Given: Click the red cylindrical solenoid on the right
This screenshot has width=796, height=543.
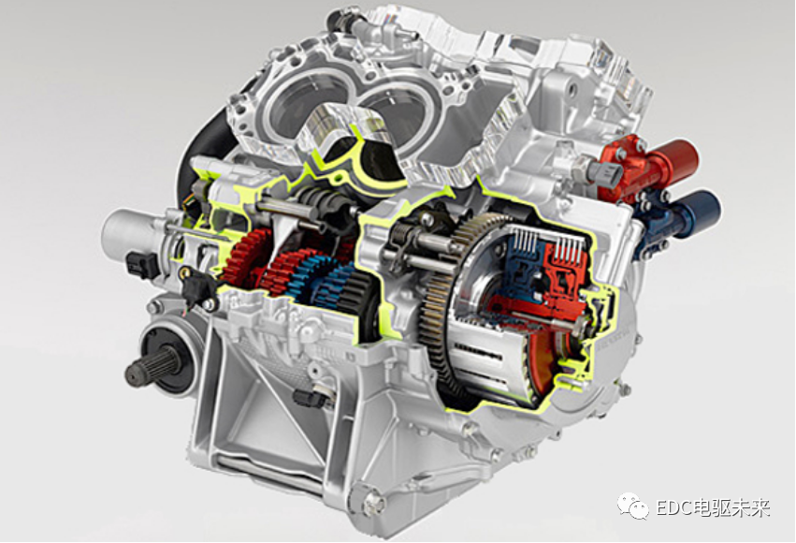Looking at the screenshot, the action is tap(655, 165).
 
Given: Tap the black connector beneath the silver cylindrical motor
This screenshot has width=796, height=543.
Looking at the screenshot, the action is tap(142, 264).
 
